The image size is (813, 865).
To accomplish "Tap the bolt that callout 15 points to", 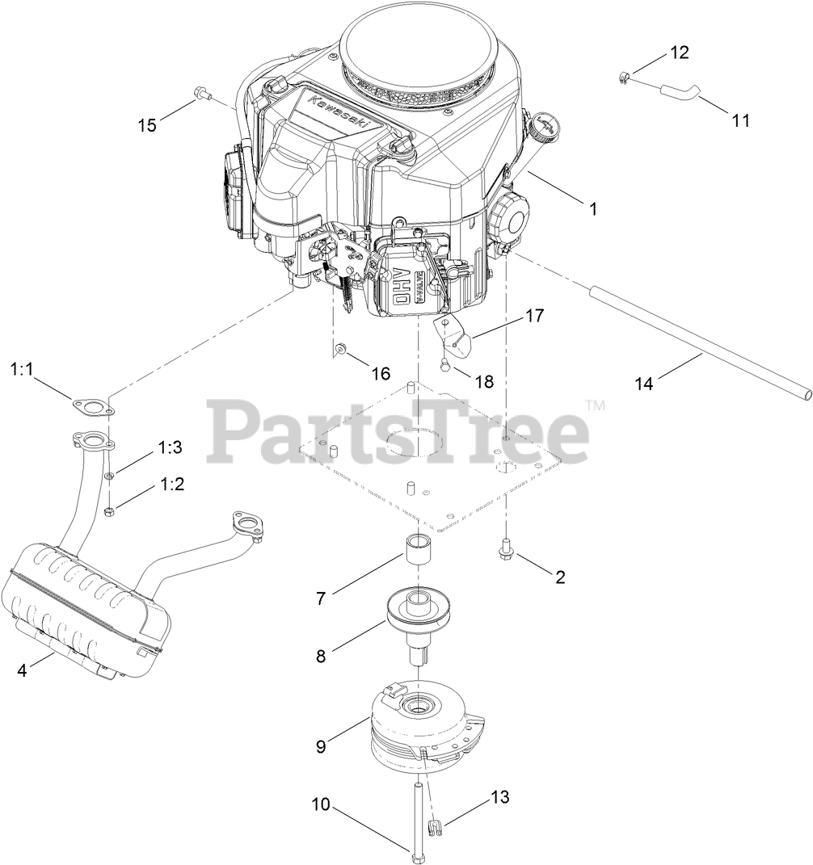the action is pos(200,95).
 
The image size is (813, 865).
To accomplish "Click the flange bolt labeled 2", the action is pos(505,551).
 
